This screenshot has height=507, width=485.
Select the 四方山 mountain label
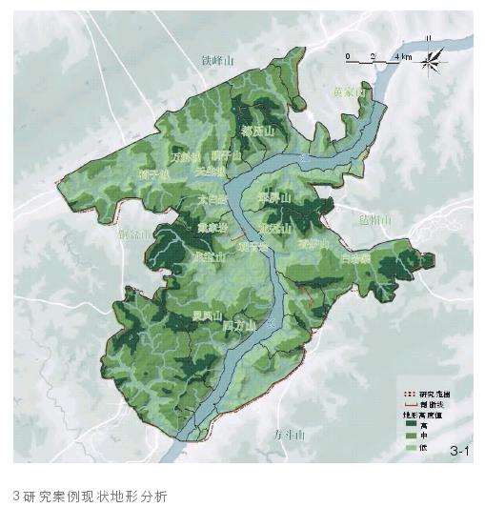[240, 326]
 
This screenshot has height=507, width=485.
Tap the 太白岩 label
[212, 200]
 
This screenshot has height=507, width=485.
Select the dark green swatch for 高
[409, 425]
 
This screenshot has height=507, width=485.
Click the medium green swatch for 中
[409, 436]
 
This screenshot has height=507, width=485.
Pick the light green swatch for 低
[409, 448]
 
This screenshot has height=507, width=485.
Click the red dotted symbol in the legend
[408, 394]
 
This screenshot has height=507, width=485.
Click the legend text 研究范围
[434, 394]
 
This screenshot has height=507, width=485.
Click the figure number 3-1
[459, 449]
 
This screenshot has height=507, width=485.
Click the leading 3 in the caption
[17, 495]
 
